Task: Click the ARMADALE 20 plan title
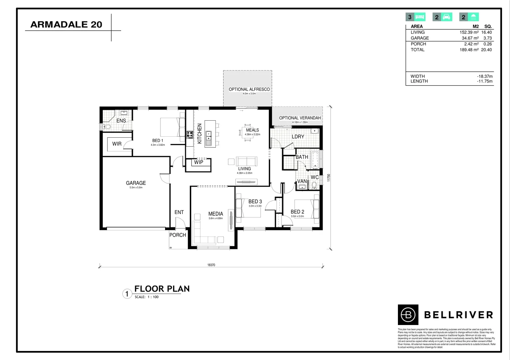tap(66, 24)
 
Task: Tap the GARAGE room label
tap(136, 183)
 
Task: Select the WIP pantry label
tap(198, 162)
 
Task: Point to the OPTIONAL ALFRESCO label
tap(249, 89)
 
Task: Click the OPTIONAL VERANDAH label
tap(300, 118)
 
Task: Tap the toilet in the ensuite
tap(106, 127)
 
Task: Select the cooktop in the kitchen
tap(190, 135)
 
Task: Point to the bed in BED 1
tap(172, 127)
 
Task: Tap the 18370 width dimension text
tap(211, 265)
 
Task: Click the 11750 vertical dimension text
tap(329, 178)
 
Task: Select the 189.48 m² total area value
tap(469, 50)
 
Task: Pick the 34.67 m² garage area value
tap(470, 38)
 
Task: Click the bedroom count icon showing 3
tap(416, 17)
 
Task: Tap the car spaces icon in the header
tap(442, 17)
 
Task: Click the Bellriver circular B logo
tap(408, 315)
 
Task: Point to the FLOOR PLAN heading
tap(162, 289)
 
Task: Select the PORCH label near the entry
tap(177, 235)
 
